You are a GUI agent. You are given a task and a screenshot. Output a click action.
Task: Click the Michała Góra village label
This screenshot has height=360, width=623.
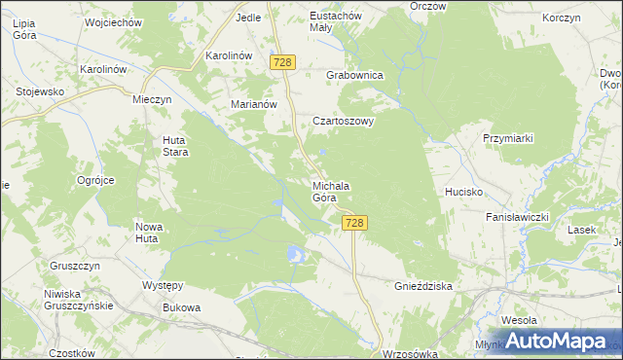331,192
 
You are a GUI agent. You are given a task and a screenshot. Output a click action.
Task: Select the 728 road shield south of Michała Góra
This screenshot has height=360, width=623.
355,224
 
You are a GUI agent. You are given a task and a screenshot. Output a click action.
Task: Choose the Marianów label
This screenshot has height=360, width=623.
255,105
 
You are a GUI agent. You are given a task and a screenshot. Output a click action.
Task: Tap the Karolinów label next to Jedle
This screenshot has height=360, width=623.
230,56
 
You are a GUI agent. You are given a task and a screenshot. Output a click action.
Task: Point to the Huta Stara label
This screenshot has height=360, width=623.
174,146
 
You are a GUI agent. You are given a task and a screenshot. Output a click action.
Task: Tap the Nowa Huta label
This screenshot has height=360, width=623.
147,232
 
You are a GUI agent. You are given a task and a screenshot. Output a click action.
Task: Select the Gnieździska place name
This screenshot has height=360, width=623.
424,288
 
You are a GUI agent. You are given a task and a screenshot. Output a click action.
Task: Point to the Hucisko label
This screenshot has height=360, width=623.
464,192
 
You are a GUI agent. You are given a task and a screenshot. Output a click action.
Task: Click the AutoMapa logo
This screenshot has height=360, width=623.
556,342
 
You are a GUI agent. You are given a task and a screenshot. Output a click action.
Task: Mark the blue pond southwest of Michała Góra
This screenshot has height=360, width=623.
296,255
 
